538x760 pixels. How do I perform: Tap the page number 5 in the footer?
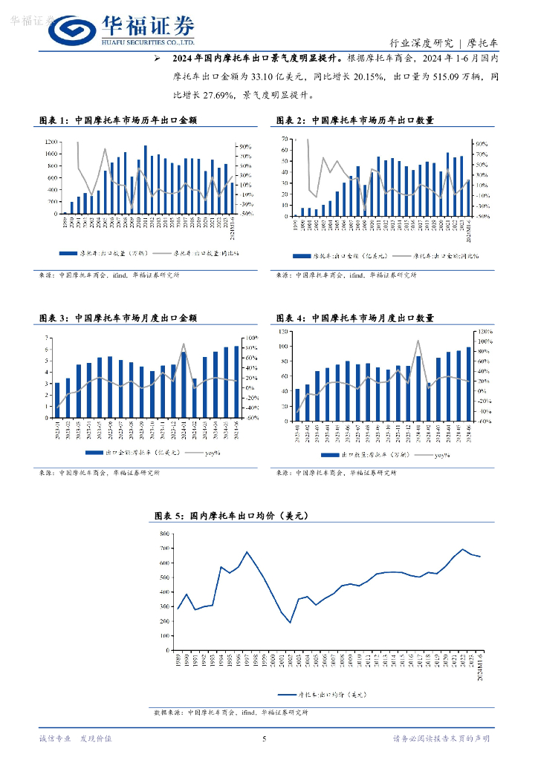click(265, 738)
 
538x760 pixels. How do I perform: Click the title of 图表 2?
click(354, 119)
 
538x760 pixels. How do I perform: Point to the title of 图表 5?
click(230, 515)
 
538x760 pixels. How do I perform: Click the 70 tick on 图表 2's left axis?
click(285, 139)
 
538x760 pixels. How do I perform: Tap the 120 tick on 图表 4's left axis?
click(283, 332)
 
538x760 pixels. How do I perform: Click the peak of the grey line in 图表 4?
click(418, 341)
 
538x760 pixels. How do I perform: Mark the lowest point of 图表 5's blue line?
click(291, 623)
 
